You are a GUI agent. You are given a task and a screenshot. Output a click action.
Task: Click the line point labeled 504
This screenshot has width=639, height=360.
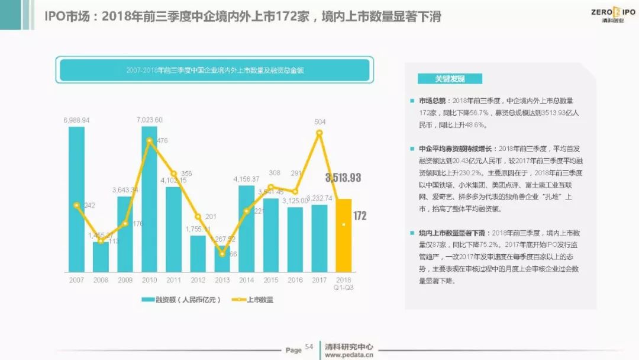tap(319, 133)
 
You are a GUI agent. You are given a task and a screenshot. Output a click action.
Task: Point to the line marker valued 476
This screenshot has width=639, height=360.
tap(149, 140)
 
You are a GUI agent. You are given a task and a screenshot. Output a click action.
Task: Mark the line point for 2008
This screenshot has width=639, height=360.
tap(101, 241)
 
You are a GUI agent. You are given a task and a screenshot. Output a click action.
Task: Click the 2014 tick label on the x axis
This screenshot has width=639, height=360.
tap(246, 279)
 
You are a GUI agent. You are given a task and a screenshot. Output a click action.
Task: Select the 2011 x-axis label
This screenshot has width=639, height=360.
tap(173, 279)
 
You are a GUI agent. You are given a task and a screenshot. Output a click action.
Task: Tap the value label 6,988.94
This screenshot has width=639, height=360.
tap(76, 120)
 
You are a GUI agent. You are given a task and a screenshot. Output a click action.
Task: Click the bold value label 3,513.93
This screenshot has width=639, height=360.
tap(343, 178)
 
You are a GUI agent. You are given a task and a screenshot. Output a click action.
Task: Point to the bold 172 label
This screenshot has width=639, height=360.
tap(360, 216)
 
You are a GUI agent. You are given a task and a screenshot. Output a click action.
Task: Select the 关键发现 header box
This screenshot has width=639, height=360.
tap(450, 79)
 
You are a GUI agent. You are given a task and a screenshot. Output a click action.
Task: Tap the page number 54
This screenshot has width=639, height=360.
tap(309, 347)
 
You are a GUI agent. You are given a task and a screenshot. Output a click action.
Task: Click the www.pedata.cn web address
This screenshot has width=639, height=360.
tap(349, 355)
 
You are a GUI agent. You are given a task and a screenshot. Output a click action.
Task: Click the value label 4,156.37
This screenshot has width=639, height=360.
tap(246, 179)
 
